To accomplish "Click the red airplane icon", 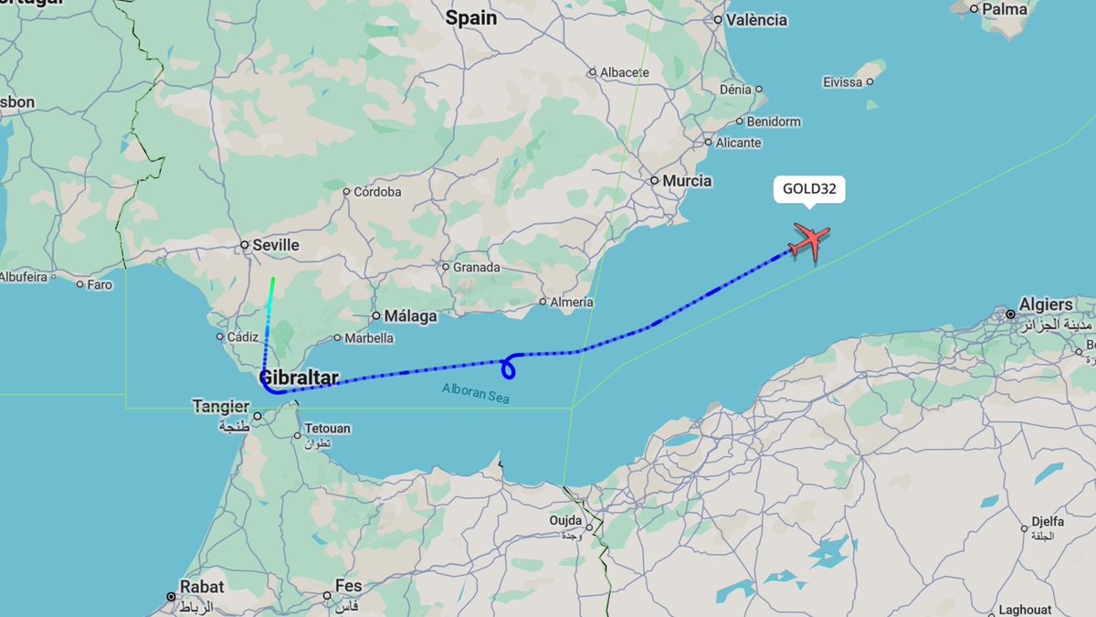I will click(809, 241).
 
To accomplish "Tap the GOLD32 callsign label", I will click(808, 190).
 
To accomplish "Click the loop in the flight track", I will click(509, 367).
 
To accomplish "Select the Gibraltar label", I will click(299, 378).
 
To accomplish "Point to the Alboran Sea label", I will click(476, 393).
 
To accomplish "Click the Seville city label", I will click(276, 245).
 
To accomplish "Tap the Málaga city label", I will click(410, 316).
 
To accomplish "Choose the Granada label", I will click(477, 268).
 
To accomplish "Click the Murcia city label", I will click(687, 181).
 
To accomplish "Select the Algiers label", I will click(1047, 304).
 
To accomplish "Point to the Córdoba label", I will click(377, 192).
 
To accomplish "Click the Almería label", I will click(572, 302).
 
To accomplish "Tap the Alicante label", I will click(738, 143).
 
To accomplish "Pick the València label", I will click(756, 20).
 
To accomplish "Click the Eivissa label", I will click(841, 82).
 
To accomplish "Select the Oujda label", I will click(566, 521).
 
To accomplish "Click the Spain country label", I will click(471, 17).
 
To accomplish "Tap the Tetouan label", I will click(326, 428).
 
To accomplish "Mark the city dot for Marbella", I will click(337, 338).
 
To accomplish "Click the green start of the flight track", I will click(273, 278).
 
